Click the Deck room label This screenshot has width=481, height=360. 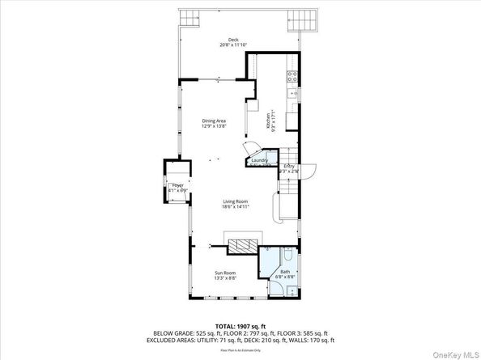[x=233, y=39]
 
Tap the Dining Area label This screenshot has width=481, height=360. [x=214, y=121]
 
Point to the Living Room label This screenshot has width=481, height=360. [x=235, y=201]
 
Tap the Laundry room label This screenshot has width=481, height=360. [x=261, y=161]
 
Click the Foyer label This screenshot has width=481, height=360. [x=177, y=186]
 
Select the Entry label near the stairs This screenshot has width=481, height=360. [x=289, y=167]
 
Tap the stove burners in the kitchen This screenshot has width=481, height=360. [x=292, y=78]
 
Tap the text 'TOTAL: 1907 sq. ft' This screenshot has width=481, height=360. [x=240, y=325]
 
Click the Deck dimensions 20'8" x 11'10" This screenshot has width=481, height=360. [x=233, y=45]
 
